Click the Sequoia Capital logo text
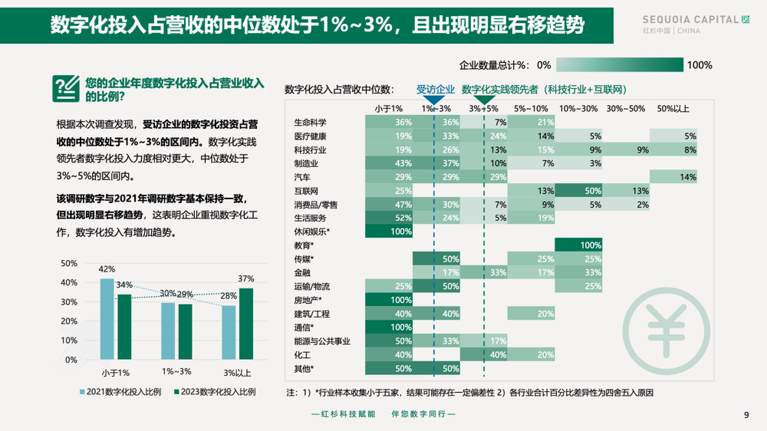pos(691,20)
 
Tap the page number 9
pos(746,415)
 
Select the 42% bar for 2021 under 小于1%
pos(107,319)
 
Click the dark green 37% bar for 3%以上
pos(246,323)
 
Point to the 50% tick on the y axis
pos(69,264)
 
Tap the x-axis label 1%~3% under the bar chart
pos(176,372)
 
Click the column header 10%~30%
pos(578,109)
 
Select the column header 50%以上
pos(673,109)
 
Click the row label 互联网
pos(306,191)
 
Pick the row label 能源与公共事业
pos(322,341)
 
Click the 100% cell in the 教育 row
pos(578,245)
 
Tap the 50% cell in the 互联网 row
pos(578,191)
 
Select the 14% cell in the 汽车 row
pos(673,177)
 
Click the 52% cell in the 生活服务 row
pos(389,218)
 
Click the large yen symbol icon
pos(666,331)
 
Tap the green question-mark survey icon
pos(66,89)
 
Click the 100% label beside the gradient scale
pos(700,65)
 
